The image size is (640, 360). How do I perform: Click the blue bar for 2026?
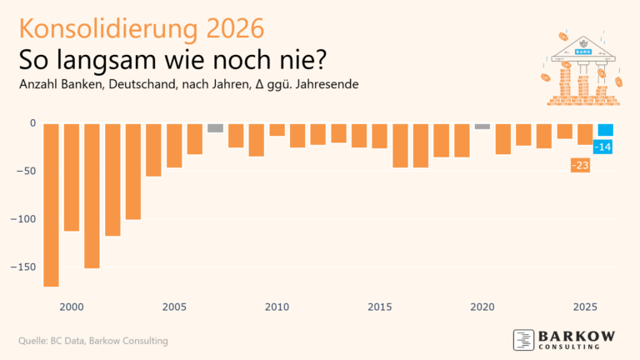[605, 130]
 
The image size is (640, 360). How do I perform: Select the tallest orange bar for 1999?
[51, 205]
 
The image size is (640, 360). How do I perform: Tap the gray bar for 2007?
[216, 128]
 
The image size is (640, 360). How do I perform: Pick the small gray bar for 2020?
[482, 127]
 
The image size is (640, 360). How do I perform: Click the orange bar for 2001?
[92, 196]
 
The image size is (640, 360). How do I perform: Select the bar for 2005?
[174, 146]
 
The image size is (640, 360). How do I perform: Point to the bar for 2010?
[277, 130]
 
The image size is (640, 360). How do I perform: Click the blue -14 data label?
[602, 147]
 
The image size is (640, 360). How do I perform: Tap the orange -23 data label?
[580, 165]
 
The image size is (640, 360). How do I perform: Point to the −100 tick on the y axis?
[22, 219]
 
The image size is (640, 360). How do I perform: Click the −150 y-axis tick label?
[22, 267]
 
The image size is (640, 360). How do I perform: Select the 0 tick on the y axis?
[32, 123]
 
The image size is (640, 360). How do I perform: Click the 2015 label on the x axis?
[380, 307]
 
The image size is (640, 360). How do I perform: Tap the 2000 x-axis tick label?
[72, 307]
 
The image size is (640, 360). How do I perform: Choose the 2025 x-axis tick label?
[585, 307]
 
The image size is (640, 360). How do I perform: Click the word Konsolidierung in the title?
[108, 28]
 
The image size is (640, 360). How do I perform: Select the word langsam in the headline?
[107, 60]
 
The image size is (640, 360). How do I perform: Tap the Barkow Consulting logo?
[564, 340]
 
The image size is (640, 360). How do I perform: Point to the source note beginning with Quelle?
[93, 341]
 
